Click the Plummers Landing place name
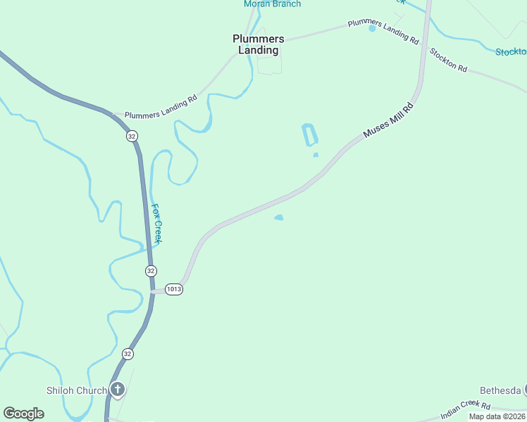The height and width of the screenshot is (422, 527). click(x=259, y=44)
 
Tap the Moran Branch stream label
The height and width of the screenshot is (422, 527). click(x=272, y=4)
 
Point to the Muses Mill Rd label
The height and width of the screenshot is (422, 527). click(x=387, y=121)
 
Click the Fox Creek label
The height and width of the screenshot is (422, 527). click(x=158, y=224)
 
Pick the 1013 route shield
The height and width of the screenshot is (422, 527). click(x=174, y=289)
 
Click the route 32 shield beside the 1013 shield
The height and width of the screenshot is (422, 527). click(x=151, y=271)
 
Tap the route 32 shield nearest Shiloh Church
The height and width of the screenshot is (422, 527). click(x=127, y=353)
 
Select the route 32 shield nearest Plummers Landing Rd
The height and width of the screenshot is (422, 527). click(x=132, y=136)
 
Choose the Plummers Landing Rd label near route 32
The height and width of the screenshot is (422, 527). click(x=161, y=108)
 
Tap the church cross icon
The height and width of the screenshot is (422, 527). click(x=117, y=389)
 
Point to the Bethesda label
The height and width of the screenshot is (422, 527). click(x=500, y=390)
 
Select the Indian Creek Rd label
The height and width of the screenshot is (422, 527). click(x=465, y=410)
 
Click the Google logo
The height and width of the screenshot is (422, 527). click(x=23, y=414)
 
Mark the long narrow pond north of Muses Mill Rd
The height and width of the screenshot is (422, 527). click(x=309, y=134)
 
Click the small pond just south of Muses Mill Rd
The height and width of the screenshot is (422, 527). click(x=279, y=218)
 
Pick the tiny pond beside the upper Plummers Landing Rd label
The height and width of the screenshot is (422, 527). click(x=372, y=29)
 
